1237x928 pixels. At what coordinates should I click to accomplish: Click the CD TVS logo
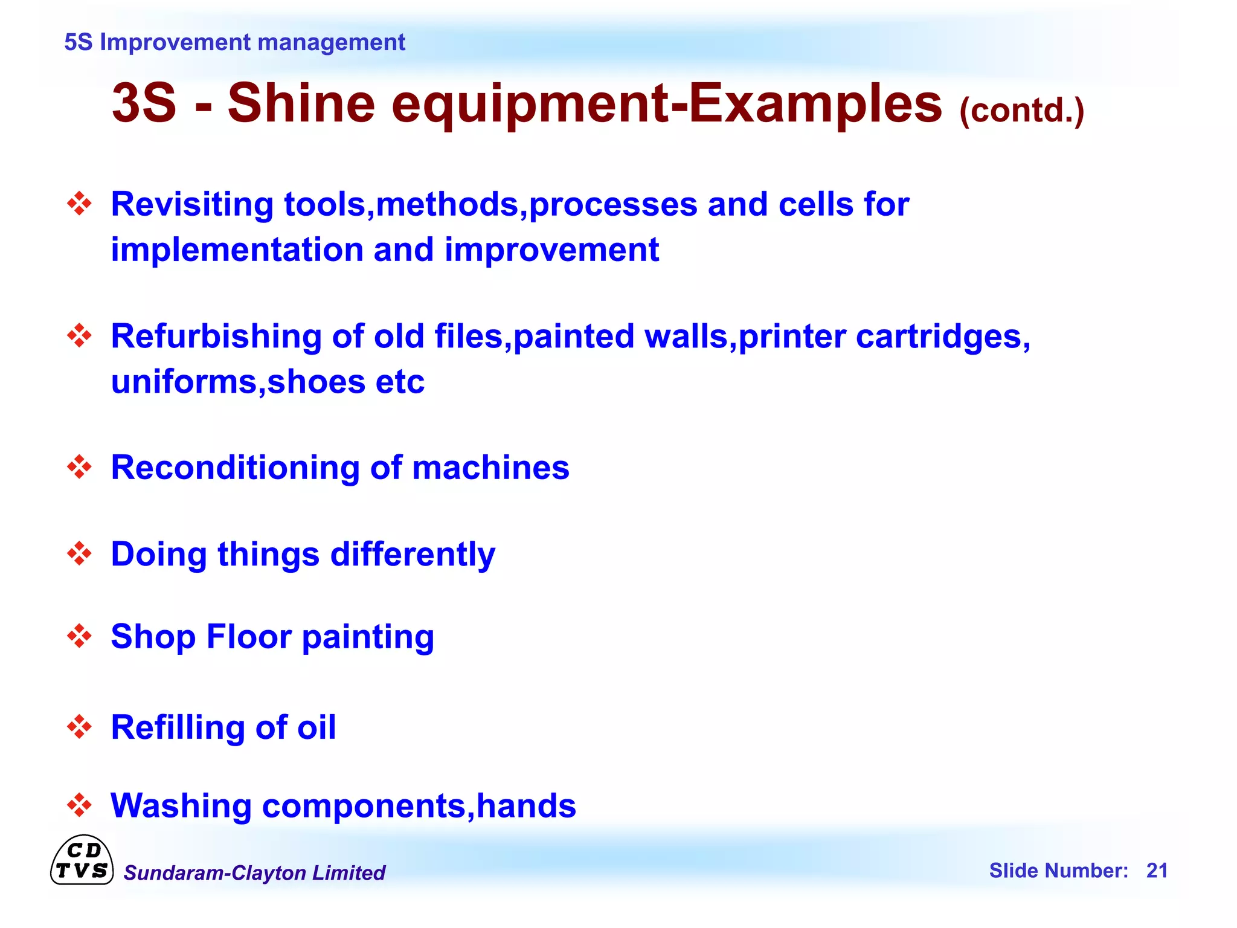(x=82, y=860)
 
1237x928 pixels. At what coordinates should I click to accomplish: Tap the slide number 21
(x=1157, y=871)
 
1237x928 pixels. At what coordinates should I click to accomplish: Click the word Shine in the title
(x=301, y=103)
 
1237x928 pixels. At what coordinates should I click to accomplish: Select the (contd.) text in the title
(x=1021, y=111)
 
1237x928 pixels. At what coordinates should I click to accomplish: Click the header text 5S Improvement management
(x=234, y=42)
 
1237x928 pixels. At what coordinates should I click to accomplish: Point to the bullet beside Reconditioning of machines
(x=79, y=467)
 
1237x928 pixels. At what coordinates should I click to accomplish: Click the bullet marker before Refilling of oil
(x=79, y=727)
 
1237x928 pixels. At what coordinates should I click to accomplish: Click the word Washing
(x=181, y=806)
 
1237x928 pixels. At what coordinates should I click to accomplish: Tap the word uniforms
(x=184, y=382)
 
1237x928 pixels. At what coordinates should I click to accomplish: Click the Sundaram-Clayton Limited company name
(x=254, y=873)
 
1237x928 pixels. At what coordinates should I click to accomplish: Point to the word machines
(x=490, y=468)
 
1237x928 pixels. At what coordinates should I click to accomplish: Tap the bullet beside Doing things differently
(x=79, y=553)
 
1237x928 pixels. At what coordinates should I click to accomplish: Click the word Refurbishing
(x=216, y=337)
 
